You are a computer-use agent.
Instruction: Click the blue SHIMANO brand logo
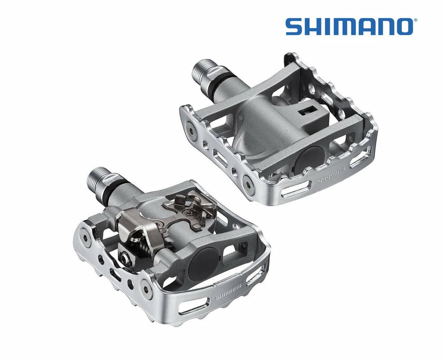click(349, 26)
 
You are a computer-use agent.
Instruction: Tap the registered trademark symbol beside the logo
click(415, 20)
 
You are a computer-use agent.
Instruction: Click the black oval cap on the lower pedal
click(204, 259)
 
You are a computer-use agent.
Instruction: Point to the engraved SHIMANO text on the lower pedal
click(228, 292)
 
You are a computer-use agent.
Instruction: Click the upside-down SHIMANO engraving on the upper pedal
click(334, 174)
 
